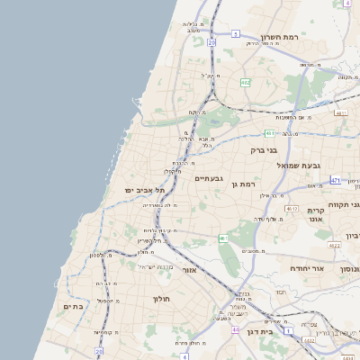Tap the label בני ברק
[x=258, y=150]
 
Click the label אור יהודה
[x=306, y=268]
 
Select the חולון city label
[x=162, y=298]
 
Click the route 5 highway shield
[x=235, y=33]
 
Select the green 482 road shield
[x=246, y=83]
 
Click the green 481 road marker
[x=269, y=133]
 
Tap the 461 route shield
[x=223, y=238]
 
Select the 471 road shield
[x=336, y=180]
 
